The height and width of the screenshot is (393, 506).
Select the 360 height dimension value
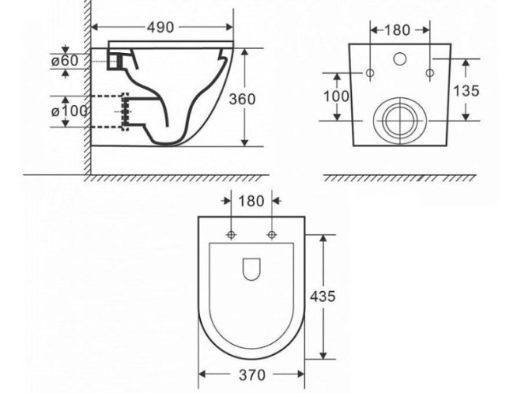point(243,99)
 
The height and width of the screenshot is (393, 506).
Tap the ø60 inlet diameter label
point(65,61)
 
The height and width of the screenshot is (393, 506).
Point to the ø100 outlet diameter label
point(69,111)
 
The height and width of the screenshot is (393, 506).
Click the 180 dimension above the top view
point(251,200)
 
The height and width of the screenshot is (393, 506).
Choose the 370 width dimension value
point(251,375)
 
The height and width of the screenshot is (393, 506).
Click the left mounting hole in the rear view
point(370,74)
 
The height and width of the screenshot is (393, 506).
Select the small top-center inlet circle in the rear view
point(400,58)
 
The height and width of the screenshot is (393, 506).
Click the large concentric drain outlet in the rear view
point(399,121)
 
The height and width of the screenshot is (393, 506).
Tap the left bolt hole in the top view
point(231,235)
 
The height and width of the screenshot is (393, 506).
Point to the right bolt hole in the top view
point(272,235)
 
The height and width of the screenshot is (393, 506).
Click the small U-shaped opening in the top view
point(251,268)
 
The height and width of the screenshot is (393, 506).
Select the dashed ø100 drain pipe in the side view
point(109,111)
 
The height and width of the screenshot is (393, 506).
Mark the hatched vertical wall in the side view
point(87,86)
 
